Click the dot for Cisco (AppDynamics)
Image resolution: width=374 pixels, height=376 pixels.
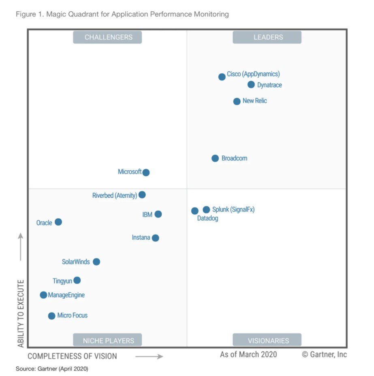[222, 77]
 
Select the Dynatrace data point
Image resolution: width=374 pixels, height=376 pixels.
[251, 84]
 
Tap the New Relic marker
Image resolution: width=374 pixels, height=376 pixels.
[237, 101]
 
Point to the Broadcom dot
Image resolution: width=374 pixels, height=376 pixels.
[215, 158]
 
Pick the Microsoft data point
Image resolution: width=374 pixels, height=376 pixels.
[146, 172]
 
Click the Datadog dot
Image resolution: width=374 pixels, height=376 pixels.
[195, 211]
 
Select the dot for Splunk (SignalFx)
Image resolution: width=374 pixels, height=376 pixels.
[206, 209]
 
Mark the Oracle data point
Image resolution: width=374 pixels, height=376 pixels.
[58, 222]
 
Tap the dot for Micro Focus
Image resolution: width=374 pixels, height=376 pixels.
[51, 316]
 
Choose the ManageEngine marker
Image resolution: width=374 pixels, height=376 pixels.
[43, 295]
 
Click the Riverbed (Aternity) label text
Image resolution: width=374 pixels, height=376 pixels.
[115, 196]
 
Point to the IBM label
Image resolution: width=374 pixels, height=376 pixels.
[147, 215]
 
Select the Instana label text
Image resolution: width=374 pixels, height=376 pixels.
[141, 238]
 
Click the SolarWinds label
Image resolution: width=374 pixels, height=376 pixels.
[76, 262]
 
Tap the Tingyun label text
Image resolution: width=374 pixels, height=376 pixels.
[62, 281]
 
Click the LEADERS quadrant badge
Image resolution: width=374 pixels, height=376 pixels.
[267, 37]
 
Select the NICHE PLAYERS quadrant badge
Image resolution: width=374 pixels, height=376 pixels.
[107, 340]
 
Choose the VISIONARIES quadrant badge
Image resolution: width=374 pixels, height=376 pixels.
[267, 340]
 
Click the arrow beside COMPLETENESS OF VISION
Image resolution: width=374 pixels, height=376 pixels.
[149, 356]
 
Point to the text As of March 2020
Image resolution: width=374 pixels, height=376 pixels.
[248, 355]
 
